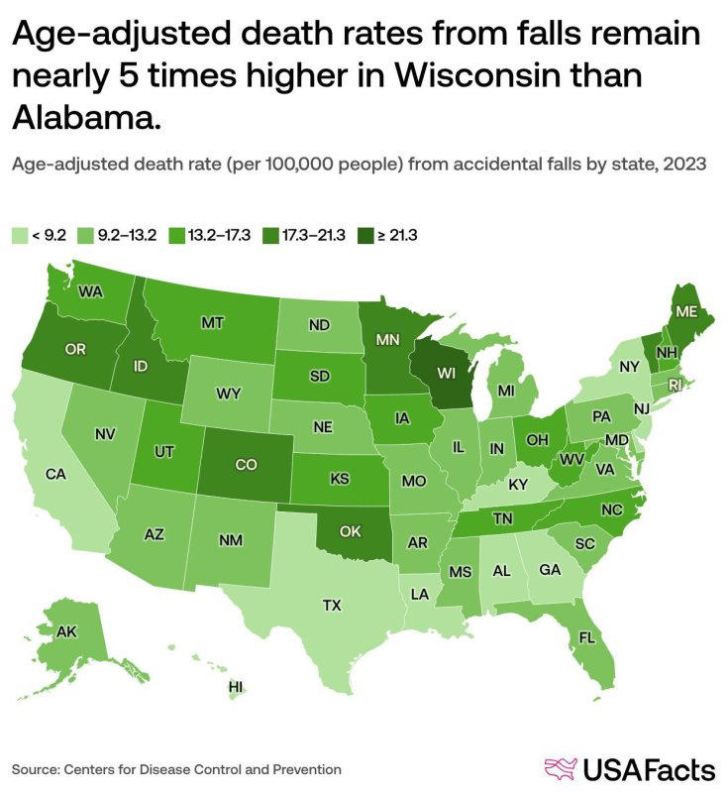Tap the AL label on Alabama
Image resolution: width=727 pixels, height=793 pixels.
[x=502, y=571]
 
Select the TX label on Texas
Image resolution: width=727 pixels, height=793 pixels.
[x=332, y=604]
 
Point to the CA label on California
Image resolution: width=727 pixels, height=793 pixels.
[x=55, y=474]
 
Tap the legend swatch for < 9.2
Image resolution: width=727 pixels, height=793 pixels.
[x=19, y=236]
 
